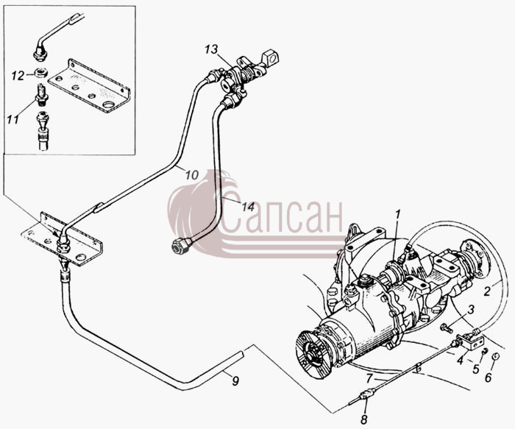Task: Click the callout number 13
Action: coord(211,50)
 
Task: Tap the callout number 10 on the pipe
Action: coord(192,174)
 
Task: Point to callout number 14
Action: coord(249,207)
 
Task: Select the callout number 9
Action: coord(235,380)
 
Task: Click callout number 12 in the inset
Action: coord(18,77)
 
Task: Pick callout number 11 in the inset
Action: coord(13,119)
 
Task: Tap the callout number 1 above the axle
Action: coord(398,216)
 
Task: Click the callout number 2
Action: coord(487,291)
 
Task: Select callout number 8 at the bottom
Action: coord(363,419)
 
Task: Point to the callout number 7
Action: coord(369,379)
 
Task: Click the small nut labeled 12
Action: coord(40,73)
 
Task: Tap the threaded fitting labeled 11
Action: coord(42,95)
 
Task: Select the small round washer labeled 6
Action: coord(496,357)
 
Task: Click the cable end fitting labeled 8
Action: coord(367,394)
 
